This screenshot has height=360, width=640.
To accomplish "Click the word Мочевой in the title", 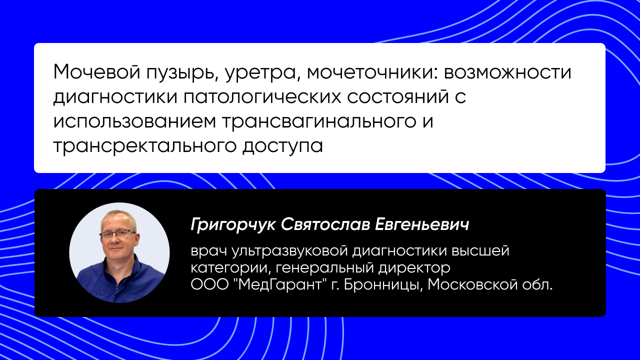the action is [x=96, y=72].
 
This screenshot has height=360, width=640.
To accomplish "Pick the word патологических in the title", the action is [x=262, y=97].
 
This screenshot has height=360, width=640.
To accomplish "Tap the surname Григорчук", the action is [x=233, y=225].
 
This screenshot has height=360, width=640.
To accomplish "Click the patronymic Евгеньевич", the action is [x=421, y=224].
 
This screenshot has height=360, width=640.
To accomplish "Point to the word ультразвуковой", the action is [x=289, y=251].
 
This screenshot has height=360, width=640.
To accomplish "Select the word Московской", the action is [x=472, y=284].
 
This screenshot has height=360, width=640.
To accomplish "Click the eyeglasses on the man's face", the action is [x=118, y=235].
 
